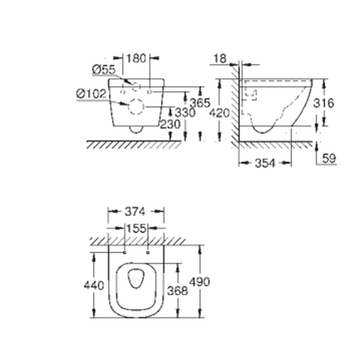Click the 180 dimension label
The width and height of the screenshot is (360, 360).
coord(137,58)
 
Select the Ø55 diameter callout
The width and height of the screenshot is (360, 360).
coord(103,71)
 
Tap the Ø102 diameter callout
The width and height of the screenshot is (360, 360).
coord(92,93)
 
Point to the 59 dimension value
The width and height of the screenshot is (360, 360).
coord(329,158)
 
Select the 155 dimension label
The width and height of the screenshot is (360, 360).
coord(136,228)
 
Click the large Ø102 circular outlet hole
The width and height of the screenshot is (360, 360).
coord(136,106)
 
